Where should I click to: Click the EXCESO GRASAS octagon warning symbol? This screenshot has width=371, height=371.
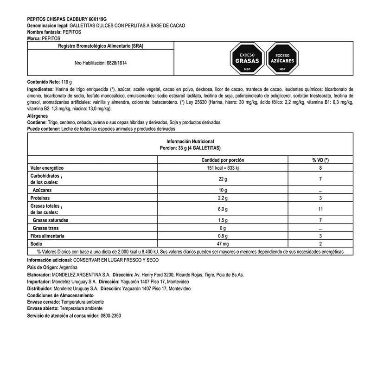coord(247,58)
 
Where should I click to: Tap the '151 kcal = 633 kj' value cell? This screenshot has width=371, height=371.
coord(223,167)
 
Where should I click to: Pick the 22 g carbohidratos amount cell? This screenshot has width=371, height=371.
coord(223,179)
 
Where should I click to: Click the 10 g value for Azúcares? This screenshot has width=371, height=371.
coord(223,190)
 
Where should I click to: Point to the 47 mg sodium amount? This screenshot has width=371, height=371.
coord(223,243)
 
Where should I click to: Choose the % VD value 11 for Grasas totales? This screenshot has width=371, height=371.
coord(320,209)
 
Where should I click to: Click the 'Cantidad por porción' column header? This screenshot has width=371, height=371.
coord(223,160)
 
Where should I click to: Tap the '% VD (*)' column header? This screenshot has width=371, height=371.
coord(320,160)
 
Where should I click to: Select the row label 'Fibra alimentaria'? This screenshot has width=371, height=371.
coord(47,236)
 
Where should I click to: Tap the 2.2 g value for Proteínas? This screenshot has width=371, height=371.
coord(223,198)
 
